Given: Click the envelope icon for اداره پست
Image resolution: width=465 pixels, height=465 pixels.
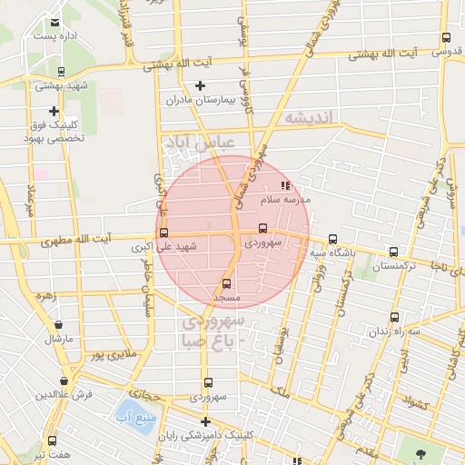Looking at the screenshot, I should point(55,22).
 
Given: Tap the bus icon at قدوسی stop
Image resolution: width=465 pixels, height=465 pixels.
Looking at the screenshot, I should point(445,37).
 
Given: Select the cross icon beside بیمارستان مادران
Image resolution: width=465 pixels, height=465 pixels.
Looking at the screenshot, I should point(200,85).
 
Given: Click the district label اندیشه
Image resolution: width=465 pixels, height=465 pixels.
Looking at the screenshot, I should point(310,117).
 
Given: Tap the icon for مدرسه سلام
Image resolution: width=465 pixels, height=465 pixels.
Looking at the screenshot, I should point(285,184).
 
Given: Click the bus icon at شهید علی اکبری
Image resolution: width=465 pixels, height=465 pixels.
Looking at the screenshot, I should point(163,232).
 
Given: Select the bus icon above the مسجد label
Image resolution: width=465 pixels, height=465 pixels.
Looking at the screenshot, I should point(226,282).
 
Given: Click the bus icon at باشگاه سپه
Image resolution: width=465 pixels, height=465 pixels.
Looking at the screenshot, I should point(332,239).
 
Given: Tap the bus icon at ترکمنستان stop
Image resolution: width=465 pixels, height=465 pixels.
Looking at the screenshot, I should point(393,252).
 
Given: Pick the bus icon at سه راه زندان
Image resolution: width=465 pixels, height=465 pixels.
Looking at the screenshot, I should point(393,317).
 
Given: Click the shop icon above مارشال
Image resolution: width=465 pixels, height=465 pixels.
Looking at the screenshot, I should point(58,324).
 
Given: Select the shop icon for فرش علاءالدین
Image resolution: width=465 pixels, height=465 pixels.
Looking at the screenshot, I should point(64,381).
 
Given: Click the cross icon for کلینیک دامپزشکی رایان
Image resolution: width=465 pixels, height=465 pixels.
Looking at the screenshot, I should point(206,421).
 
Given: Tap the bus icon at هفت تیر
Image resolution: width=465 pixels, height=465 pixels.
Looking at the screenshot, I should point(52,440).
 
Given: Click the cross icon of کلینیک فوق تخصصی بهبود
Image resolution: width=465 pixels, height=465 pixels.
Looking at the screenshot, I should point(54,111).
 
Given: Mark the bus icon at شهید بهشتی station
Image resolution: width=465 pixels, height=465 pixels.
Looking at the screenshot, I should point(61,72).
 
